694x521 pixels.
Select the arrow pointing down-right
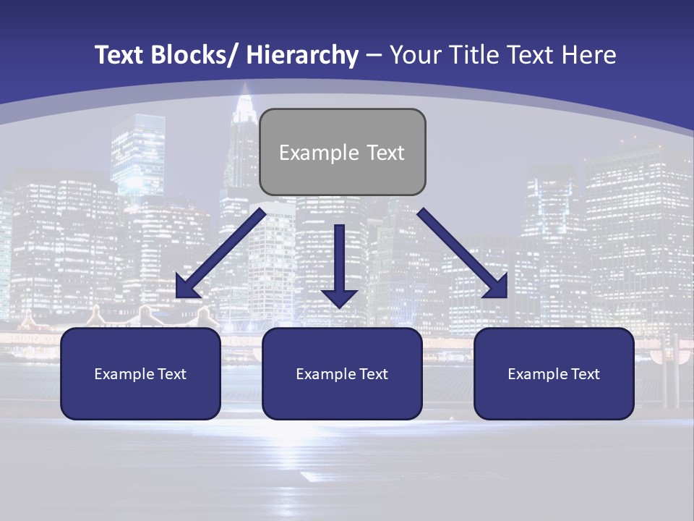(x=463, y=253)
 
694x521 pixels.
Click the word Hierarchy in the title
(x=302, y=55)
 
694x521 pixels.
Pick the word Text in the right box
(x=584, y=374)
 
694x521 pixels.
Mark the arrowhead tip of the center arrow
(x=339, y=307)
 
